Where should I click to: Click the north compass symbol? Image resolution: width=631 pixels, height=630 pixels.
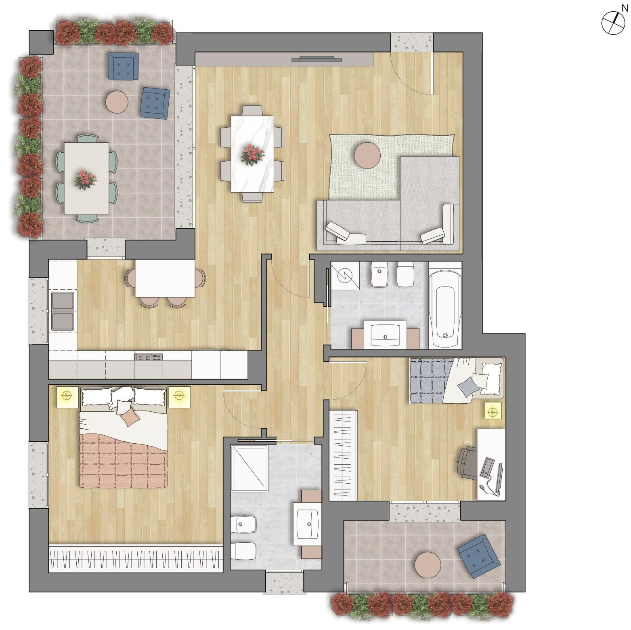tap(613, 23)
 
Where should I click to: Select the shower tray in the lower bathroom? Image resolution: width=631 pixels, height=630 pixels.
tap(249, 468)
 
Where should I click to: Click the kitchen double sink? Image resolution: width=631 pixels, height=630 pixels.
tap(63, 311)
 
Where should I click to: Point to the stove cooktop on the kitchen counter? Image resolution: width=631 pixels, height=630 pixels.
tap(149, 357)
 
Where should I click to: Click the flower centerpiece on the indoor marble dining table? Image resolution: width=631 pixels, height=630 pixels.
tap(253, 154)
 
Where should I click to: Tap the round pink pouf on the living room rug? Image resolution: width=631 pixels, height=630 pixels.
tap(367, 154)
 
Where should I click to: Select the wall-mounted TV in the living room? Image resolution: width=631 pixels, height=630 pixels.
tap(317, 60)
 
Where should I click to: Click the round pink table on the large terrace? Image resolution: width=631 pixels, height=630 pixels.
tap(117, 101)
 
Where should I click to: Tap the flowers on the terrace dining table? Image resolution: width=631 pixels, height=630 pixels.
tap(86, 179)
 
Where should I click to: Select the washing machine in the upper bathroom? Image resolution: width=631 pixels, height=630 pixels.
tap(345, 275)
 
